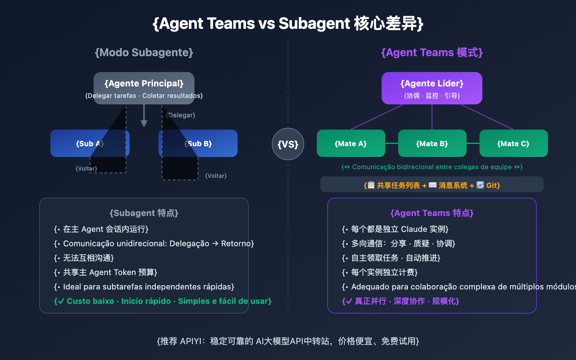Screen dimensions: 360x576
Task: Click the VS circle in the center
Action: point(288,144)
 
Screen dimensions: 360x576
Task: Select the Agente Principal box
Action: point(144,88)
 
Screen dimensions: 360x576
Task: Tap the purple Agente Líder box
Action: point(432,88)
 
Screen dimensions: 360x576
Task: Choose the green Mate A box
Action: point(351,143)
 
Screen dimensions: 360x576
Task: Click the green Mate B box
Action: point(432,143)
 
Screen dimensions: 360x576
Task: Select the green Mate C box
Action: point(513,143)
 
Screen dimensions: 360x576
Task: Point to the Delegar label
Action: point(181,115)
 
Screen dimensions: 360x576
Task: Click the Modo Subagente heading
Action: point(144,53)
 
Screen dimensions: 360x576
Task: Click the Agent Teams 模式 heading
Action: point(432,53)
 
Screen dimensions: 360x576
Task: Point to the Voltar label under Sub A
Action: point(86,168)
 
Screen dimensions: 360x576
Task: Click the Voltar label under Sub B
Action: point(216,176)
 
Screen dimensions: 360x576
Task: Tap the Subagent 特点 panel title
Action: point(144,213)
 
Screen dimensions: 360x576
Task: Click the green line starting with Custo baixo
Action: point(163,301)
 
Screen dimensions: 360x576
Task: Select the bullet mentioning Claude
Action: point(395,229)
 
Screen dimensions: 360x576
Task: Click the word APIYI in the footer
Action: point(192,341)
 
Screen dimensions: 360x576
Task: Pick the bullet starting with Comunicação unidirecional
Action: point(154,244)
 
